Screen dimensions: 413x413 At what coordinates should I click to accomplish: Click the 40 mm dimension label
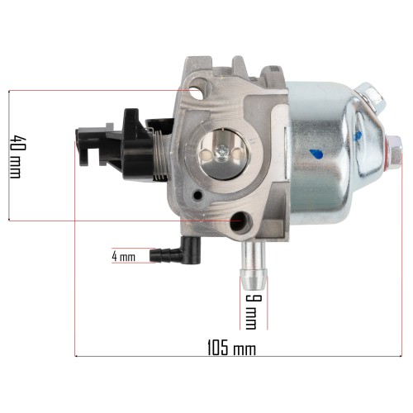[x=16, y=156]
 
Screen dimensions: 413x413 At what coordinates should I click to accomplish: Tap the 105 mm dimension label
[x=231, y=348]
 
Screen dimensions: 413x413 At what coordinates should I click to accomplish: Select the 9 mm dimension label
[x=250, y=311]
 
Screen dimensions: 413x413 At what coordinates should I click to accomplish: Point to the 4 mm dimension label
[x=124, y=257]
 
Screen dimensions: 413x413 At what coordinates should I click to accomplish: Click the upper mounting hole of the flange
[x=196, y=93]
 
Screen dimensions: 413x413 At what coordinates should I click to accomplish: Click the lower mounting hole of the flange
[x=239, y=221]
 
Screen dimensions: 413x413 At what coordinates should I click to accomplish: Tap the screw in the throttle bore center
[x=221, y=153]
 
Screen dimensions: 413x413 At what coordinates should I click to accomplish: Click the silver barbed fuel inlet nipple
[x=254, y=265]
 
